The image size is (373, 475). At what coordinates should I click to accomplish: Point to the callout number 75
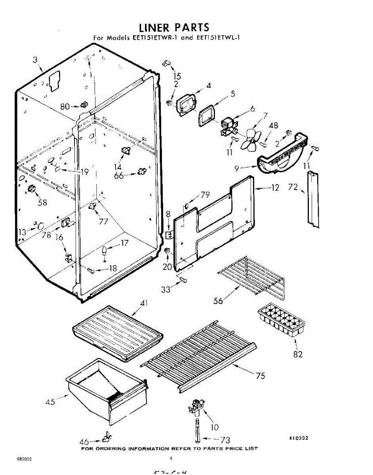click(x=260, y=376)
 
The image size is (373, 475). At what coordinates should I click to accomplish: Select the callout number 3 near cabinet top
click(x=35, y=60)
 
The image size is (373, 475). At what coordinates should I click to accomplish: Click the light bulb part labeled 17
click(x=105, y=251)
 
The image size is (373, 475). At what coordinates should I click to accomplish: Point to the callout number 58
click(x=42, y=202)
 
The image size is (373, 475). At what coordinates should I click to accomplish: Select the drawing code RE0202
click(x=298, y=438)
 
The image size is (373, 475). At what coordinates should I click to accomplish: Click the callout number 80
click(x=65, y=106)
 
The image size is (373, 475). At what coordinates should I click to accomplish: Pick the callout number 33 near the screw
click(x=166, y=290)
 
